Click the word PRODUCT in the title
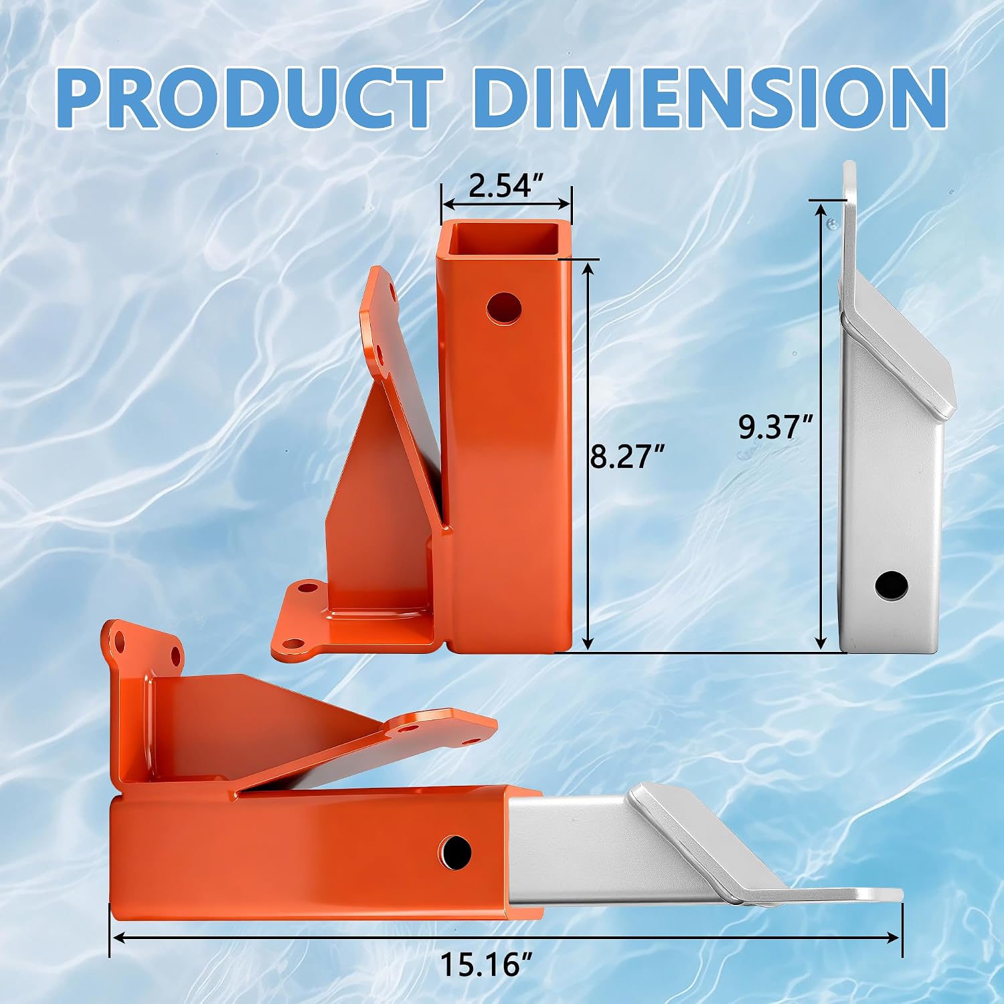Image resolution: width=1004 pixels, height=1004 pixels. (249, 98)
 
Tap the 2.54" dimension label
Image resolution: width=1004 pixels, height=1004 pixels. (505, 185)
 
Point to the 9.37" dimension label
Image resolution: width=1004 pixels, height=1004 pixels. (776, 426)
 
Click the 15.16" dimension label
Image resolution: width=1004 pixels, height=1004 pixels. (487, 965)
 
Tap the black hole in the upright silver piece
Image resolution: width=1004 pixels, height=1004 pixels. (892, 586)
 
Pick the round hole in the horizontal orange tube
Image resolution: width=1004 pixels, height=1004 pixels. (456, 852)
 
